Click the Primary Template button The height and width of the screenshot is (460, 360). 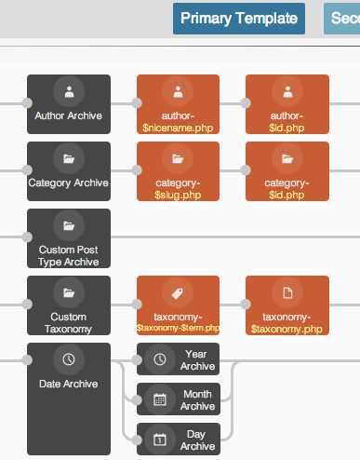pos(238,19)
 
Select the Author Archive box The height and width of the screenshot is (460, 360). pos(69,104)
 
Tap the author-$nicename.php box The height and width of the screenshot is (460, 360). pos(178,104)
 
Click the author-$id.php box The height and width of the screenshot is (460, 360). pos(287,104)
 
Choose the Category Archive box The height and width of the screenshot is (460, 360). pos(69,171)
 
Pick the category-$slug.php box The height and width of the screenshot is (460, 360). pos(178,171)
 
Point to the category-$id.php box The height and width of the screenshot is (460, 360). pos(287,171)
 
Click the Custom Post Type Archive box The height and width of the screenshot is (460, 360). pos(69,238)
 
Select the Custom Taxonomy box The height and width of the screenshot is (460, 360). pos(69,305)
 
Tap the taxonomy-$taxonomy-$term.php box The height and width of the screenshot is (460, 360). pos(178,305)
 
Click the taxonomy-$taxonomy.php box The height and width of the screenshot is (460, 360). pos(287,305)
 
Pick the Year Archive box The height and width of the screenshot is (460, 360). pos(179,359)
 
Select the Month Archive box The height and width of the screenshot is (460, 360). pos(179,399)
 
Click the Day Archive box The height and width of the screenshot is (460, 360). pos(179,439)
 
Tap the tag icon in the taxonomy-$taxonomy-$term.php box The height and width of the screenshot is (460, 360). pos(178,292)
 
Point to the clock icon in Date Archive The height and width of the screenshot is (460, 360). pos(69,359)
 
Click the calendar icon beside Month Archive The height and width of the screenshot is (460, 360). pos(159,399)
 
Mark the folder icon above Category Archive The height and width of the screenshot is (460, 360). pos(69,158)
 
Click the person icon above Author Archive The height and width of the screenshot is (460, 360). pos(69,91)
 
